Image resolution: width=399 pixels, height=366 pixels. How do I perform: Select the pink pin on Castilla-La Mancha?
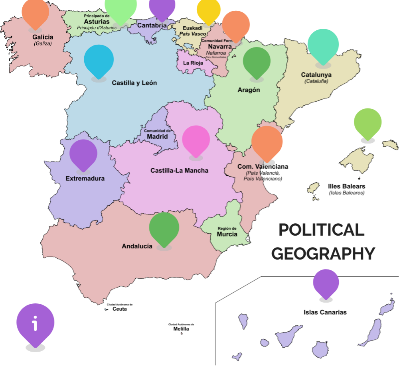point(196,140)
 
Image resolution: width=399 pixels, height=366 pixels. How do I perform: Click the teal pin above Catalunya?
point(323,45)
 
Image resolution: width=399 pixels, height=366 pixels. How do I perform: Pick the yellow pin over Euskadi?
point(209,10)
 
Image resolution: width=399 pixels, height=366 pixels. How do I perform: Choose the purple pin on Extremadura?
point(83,154)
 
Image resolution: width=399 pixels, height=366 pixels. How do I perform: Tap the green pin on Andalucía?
point(164,227)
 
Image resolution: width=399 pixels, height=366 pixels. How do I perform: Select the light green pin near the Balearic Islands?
point(368,122)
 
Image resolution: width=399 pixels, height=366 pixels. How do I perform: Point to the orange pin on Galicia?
point(36,13)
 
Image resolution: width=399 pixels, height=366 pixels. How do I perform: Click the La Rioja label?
point(193,63)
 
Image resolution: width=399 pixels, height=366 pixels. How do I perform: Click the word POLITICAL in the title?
point(321,230)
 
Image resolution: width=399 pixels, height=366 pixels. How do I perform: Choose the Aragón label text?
point(249,90)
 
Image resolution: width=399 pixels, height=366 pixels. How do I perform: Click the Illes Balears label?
point(346,187)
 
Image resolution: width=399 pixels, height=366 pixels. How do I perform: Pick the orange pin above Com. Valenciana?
point(267,142)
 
